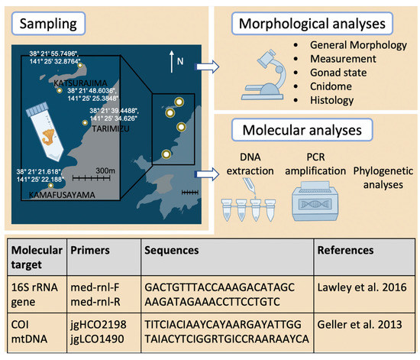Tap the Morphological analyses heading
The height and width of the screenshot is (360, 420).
[311, 22]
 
